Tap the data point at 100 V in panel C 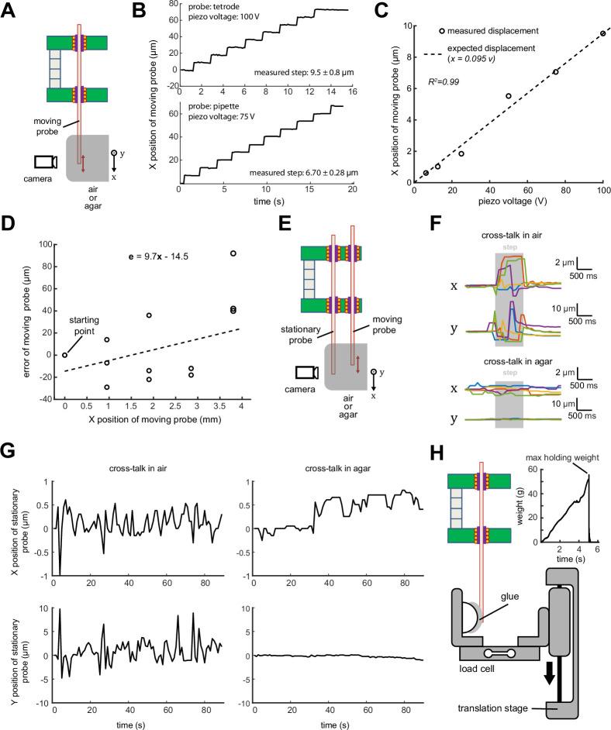point(602,33)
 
